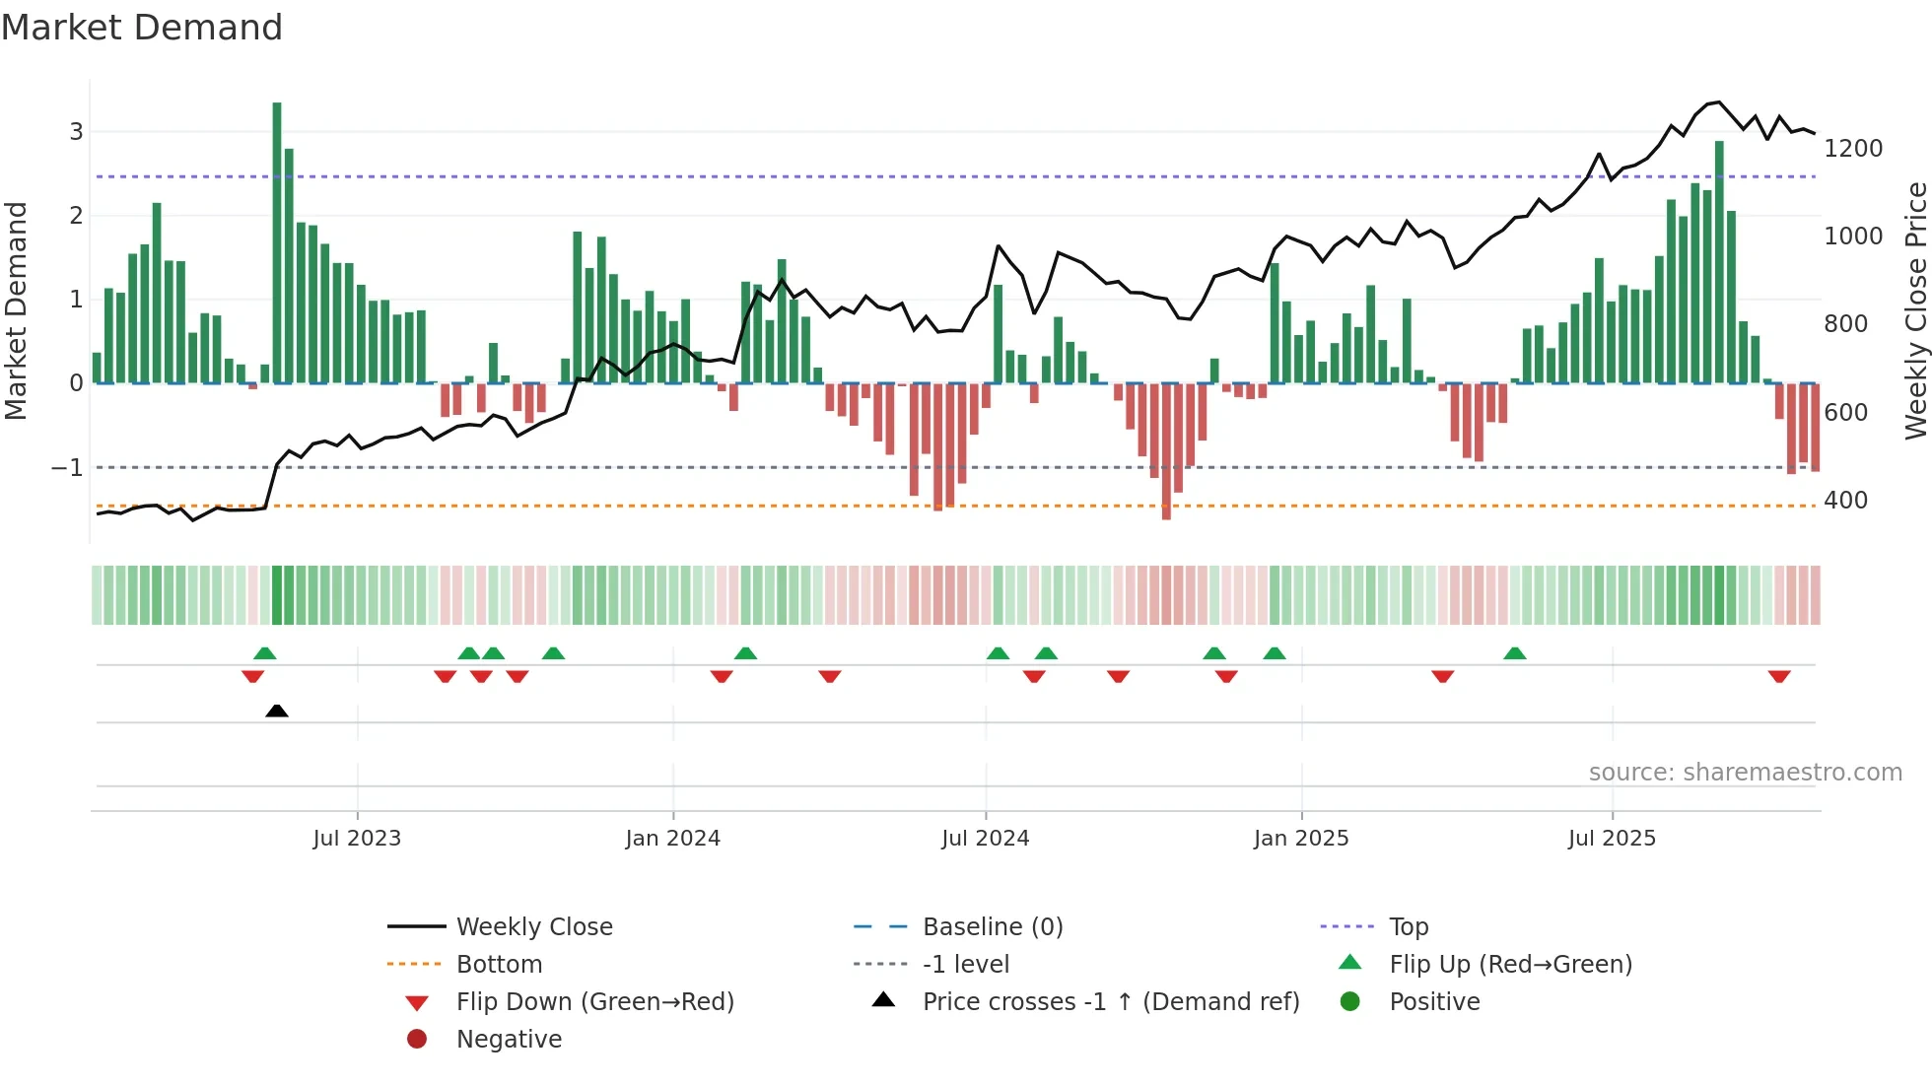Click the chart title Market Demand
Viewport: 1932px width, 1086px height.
(142, 28)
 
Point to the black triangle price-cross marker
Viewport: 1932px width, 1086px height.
(277, 711)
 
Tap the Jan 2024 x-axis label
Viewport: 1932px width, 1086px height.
(672, 839)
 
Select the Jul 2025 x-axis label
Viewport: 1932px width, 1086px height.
(1612, 839)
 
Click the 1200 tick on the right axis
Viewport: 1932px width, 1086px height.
(1852, 149)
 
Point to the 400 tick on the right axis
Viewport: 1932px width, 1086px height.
(1845, 501)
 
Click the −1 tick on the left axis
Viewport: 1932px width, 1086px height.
(67, 468)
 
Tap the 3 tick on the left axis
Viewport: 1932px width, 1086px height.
(76, 132)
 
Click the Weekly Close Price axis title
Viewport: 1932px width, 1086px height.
(1915, 310)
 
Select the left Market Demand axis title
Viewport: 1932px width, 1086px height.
(16, 310)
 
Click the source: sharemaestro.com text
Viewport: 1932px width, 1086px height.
(1745, 773)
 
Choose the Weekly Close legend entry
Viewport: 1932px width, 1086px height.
(533, 927)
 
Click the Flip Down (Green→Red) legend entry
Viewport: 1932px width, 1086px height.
(594, 1002)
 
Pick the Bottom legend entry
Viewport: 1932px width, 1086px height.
(499, 965)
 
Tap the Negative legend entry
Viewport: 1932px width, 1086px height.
(509, 1040)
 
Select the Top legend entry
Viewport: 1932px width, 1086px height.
(1408, 927)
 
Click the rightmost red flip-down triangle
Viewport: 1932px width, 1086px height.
(1778, 676)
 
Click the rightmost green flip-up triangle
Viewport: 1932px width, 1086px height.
(1515, 653)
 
